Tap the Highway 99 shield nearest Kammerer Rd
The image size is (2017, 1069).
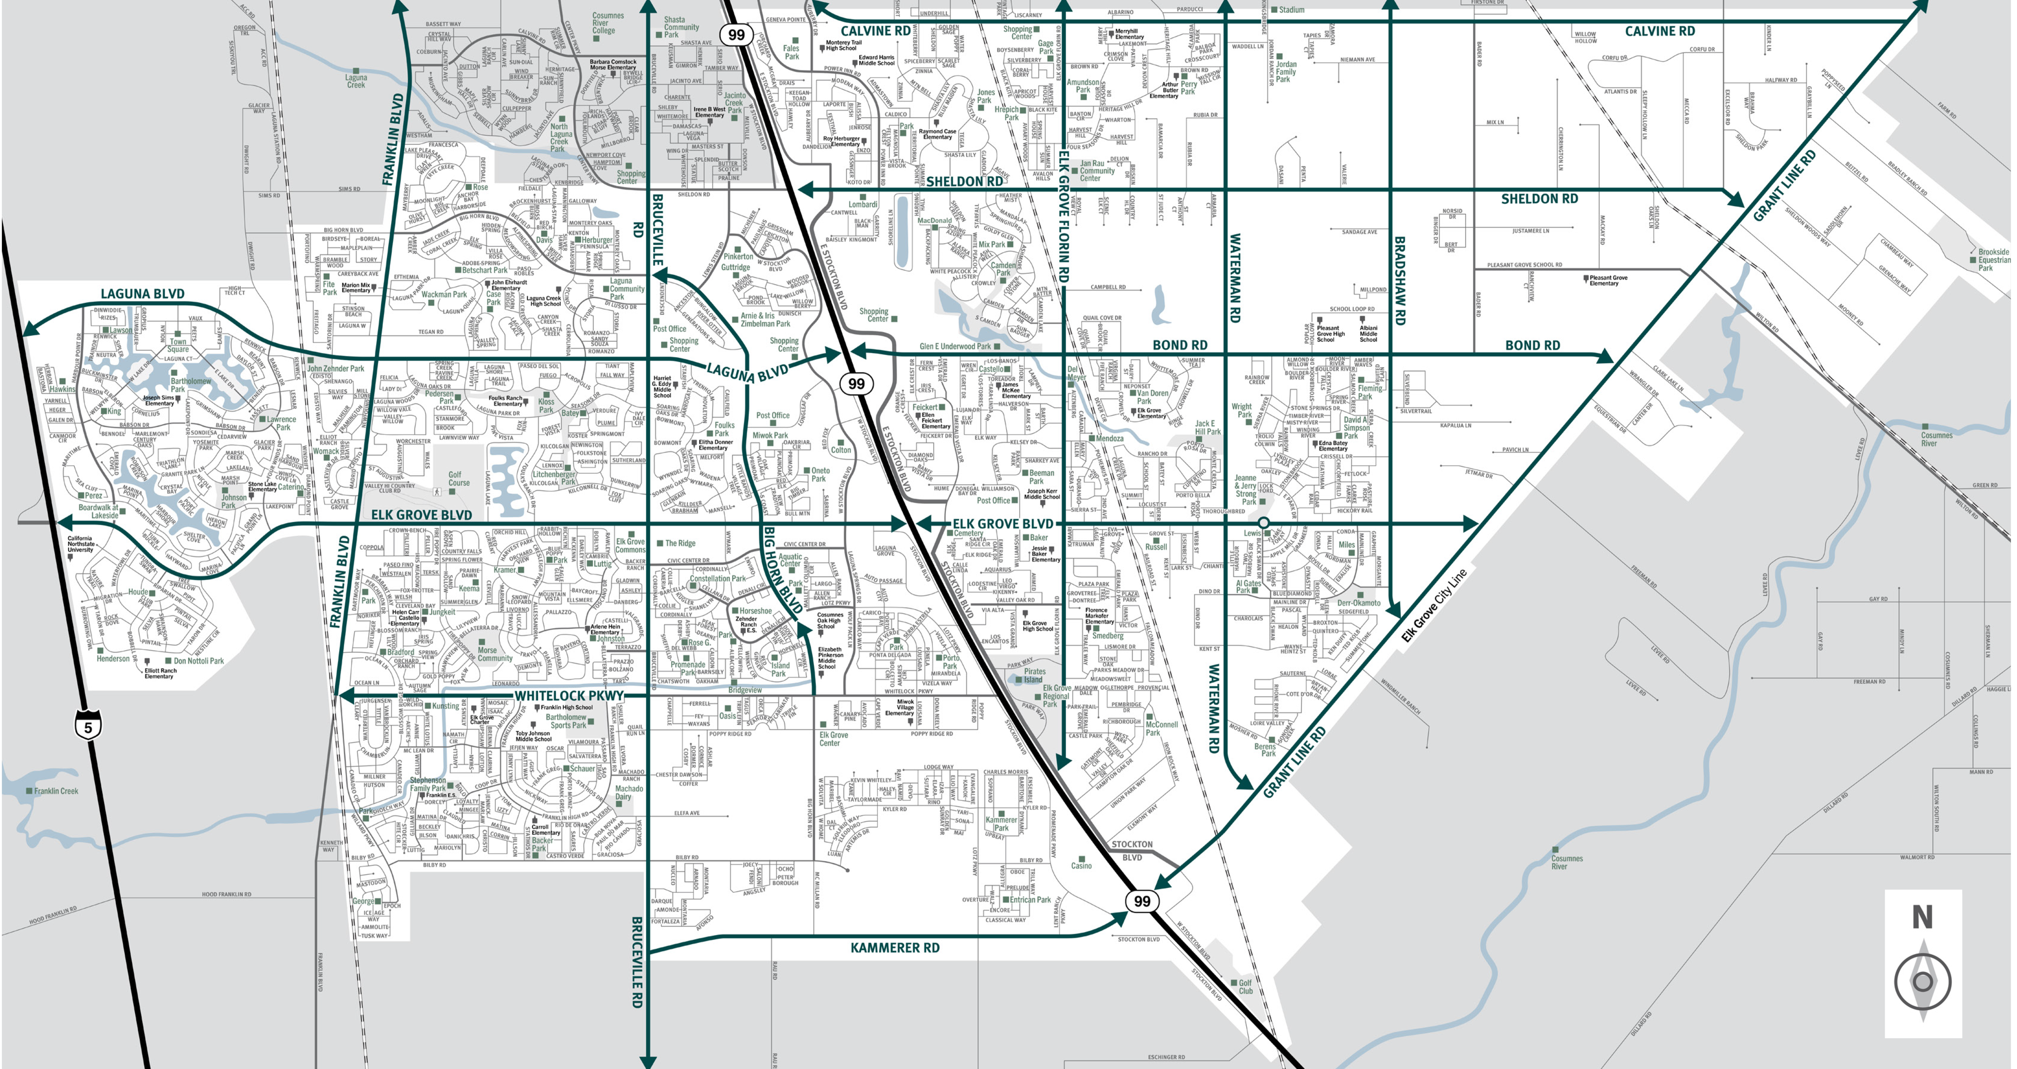click(x=1142, y=901)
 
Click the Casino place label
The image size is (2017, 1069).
click(x=1081, y=865)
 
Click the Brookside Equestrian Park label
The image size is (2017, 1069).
click(x=1993, y=260)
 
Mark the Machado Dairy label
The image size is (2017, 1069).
click(x=629, y=793)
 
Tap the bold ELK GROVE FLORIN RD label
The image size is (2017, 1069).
click(x=1063, y=215)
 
